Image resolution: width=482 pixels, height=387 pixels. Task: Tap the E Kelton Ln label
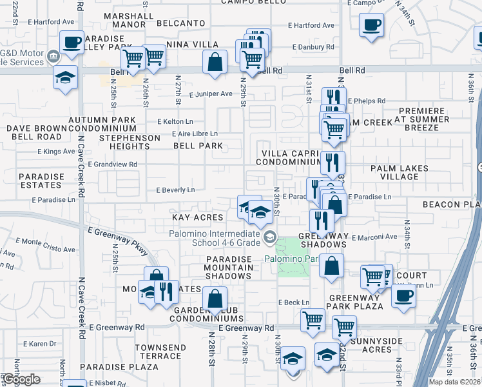(x=175, y=121)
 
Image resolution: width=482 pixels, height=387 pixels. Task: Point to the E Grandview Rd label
(x=113, y=164)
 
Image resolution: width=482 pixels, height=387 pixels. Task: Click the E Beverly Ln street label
(x=175, y=190)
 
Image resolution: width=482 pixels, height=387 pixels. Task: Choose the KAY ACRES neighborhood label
(x=197, y=218)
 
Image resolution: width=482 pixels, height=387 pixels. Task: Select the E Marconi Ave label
(x=377, y=237)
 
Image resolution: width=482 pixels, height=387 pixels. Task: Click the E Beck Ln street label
(x=294, y=302)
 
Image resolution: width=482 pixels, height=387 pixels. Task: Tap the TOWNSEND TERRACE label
(x=160, y=352)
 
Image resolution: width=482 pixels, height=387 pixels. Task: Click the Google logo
(x=21, y=379)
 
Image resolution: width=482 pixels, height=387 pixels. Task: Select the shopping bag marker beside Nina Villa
(x=215, y=62)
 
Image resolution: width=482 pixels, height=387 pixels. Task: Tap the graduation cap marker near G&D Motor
(x=64, y=77)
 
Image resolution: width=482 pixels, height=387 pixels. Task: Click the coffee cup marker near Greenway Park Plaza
(x=403, y=295)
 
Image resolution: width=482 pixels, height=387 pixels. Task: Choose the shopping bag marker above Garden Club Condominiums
(x=214, y=299)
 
